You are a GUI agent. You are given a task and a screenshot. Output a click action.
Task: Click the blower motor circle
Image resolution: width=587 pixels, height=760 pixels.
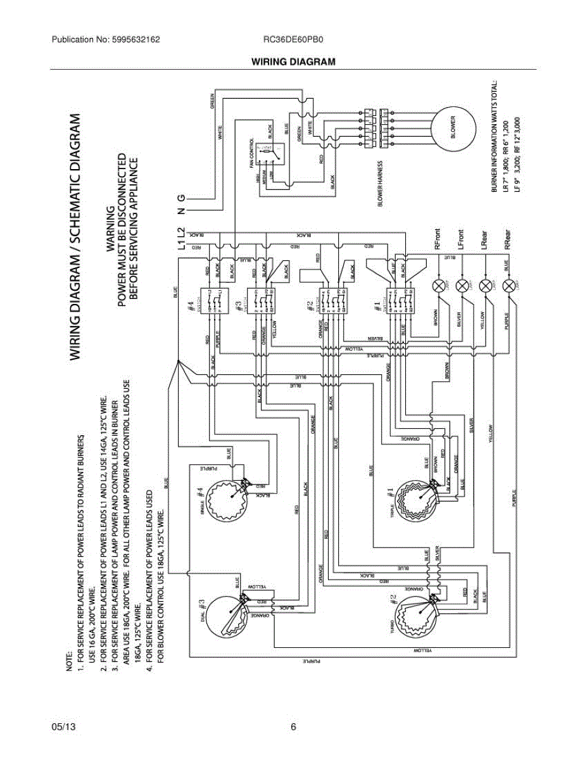pyautogui.click(x=453, y=127)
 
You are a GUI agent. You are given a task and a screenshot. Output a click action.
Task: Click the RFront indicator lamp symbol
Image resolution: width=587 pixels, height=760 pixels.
pyautogui.click(x=438, y=284)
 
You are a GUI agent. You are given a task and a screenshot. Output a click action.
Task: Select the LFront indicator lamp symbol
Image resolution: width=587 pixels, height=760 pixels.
pyautogui.click(x=462, y=284)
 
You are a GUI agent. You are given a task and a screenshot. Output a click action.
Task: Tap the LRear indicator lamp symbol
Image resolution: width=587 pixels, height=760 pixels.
pyautogui.click(x=485, y=284)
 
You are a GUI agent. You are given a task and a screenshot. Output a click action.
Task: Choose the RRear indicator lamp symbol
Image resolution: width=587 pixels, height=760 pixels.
pyautogui.click(x=508, y=284)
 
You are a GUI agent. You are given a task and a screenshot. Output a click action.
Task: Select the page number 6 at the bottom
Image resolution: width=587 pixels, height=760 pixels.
pyautogui.click(x=293, y=726)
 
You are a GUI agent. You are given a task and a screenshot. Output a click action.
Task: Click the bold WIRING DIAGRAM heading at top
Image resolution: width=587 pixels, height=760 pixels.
pyautogui.click(x=293, y=61)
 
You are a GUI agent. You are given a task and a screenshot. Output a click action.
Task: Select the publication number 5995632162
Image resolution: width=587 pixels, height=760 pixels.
pyautogui.click(x=133, y=39)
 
